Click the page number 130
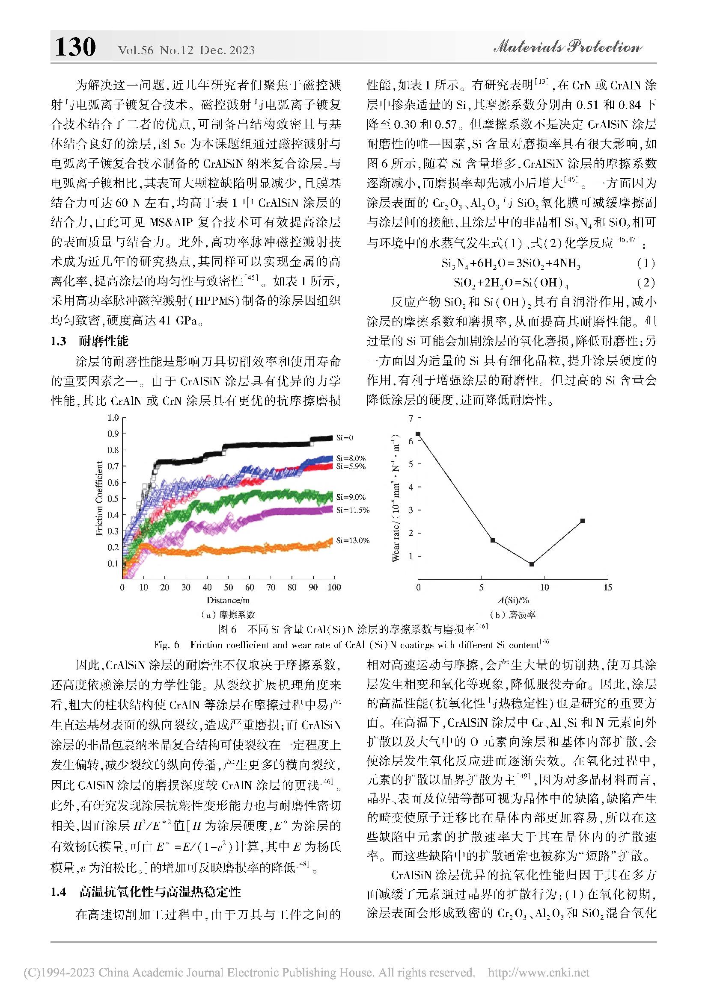click(x=75, y=47)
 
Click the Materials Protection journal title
click(x=567, y=47)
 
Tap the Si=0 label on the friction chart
click(x=345, y=438)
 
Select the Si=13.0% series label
click(x=353, y=540)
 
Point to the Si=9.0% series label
click(x=351, y=497)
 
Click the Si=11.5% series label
click(x=353, y=510)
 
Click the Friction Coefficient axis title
click(x=99, y=499)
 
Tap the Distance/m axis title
click(x=228, y=600)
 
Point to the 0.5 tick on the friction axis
click(x=113, y=499)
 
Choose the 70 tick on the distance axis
click(x=271, y=587)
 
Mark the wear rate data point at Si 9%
click(x=532, y=564)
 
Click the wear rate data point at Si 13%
click(x=583, y=521)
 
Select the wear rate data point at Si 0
click(x=418, y=434)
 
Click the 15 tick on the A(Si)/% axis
click(x=607, y=587)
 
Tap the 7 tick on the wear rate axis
click(x=410, y=419)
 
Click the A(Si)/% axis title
click(x=513, y=600)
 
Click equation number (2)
click(x=646, y=283)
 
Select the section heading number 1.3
click(x=59, y=341)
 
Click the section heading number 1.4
click(x=59, y=892)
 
